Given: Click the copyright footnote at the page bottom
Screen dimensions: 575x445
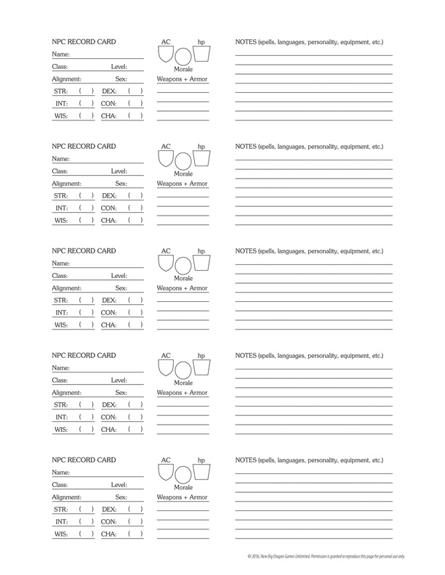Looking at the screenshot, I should click(336, 556).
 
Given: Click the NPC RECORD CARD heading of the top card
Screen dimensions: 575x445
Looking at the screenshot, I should click(84, 43).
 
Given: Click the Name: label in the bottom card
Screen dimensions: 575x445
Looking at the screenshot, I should click(61, 473).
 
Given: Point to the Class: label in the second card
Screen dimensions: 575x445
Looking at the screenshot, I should click(60, 171).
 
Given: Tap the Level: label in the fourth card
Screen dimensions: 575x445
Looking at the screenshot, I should click(119, 380).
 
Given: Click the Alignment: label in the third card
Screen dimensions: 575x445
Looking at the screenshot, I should click(66, 288).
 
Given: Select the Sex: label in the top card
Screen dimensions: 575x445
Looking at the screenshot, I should click(121, 79).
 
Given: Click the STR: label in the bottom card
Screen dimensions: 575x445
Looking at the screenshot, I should click(61, 509).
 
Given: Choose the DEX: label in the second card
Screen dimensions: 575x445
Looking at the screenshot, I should click(109, 195).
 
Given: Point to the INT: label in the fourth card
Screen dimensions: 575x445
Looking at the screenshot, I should click(61, 417).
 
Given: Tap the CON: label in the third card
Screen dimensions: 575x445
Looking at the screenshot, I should click(109, 313).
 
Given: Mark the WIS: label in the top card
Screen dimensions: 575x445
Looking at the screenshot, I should click(61, 116).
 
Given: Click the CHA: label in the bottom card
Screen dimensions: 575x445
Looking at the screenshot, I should click(109, 534).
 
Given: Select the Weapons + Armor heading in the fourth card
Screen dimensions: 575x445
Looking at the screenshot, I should click(183, 393).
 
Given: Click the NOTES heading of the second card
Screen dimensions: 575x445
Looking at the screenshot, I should click(309, 147).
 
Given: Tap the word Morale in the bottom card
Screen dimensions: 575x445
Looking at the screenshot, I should click(183, 488).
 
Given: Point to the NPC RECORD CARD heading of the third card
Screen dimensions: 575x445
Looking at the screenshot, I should click(84, 252).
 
